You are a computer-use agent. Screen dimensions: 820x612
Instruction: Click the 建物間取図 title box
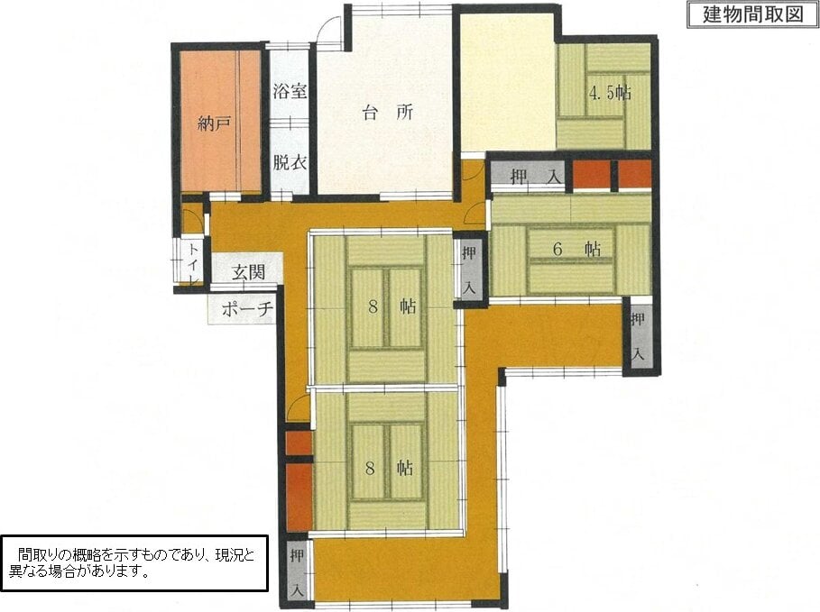point(752,14)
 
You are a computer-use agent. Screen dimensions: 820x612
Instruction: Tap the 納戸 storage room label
point(215,123)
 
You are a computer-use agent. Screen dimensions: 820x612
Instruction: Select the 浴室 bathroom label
point(290,91)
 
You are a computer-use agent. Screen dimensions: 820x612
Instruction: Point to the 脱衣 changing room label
point(290,162)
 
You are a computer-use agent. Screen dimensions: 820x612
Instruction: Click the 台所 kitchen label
point(388,113)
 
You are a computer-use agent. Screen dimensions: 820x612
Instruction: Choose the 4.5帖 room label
point(610,93)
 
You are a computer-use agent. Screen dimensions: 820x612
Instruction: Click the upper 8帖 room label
point(392,306)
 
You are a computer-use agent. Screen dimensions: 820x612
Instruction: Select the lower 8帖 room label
point(390,468)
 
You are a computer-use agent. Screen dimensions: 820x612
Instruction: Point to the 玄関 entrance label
point(248,272)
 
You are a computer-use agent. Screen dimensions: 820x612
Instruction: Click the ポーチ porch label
point(247,309)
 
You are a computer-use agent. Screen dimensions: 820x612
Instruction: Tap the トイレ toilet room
point(192,262)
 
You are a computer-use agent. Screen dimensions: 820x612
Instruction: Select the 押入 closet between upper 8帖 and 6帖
point(469,269)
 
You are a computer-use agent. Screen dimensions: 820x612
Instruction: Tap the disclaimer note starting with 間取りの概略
point(134,562)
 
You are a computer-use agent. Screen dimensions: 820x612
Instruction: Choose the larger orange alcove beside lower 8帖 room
point(299,496)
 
